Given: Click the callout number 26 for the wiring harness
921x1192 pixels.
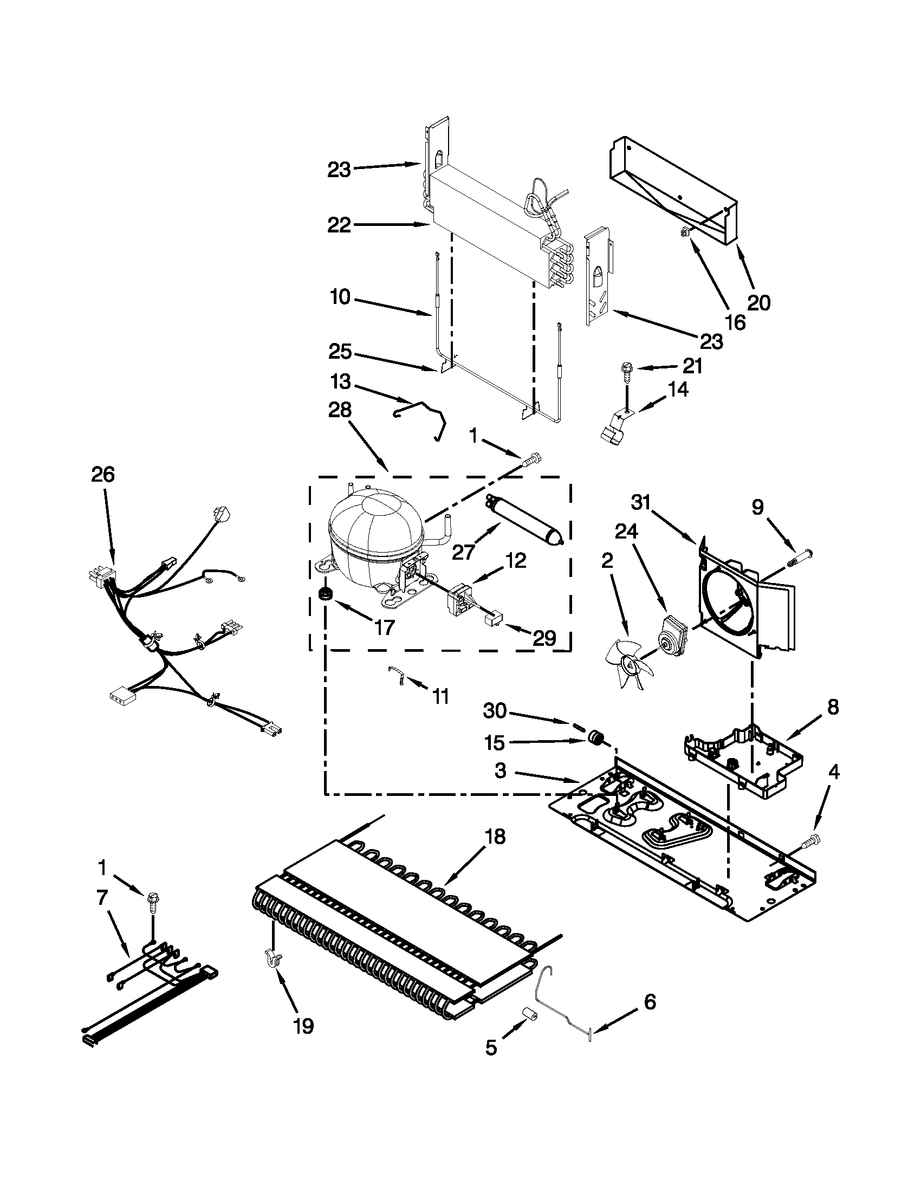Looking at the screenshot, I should [x=102, y=474].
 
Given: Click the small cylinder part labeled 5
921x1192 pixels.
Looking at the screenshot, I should [x=529, y=1014].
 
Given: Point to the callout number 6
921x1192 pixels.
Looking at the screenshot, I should [x=649, y=1002].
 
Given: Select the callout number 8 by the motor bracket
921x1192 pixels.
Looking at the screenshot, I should [x=832, y=707].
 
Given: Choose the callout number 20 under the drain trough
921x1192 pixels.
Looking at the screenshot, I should [x=758, y=302].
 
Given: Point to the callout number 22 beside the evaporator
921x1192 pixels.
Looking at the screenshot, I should [x=339, y=225].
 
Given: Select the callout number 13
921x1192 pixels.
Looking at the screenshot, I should [x=340, y=381].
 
